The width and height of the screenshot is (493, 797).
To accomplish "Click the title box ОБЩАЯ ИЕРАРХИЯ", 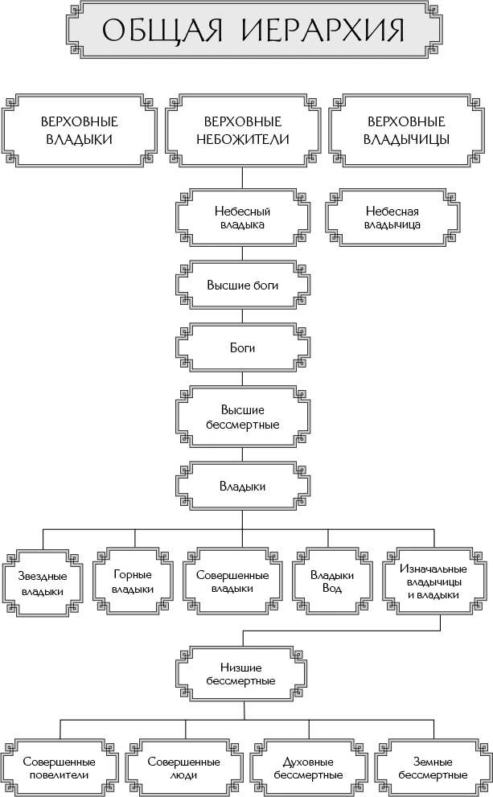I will (253, 31).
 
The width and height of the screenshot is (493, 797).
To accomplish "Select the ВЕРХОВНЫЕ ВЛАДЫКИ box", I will (79, 130).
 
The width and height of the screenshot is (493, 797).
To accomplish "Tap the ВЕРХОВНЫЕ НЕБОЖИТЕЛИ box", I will (243, 130).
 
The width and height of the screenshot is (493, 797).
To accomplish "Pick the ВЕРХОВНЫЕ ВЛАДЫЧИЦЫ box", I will (406, 130).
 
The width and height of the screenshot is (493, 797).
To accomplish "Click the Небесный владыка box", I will (243, 218).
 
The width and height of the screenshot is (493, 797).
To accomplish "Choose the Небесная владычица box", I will (394, 218).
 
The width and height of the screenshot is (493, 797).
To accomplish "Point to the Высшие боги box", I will (243, 286).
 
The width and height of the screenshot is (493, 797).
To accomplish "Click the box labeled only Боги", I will (243, 348).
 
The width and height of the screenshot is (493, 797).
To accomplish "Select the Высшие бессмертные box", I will (243, 417).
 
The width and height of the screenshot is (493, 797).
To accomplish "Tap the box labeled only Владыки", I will (243, 486).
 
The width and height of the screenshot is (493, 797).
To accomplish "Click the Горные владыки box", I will (133, 581).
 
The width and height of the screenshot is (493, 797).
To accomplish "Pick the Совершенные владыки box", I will (232, 581).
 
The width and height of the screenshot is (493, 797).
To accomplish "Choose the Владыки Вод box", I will (332, 581).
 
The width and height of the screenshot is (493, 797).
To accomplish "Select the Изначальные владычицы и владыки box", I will (433, 581).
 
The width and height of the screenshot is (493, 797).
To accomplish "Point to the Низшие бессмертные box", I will (241, 674).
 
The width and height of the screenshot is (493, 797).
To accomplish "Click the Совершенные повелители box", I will (59, 768).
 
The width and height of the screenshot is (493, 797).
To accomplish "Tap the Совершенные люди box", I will (184, 768).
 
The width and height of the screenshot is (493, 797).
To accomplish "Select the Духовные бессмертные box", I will (308, 768).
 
